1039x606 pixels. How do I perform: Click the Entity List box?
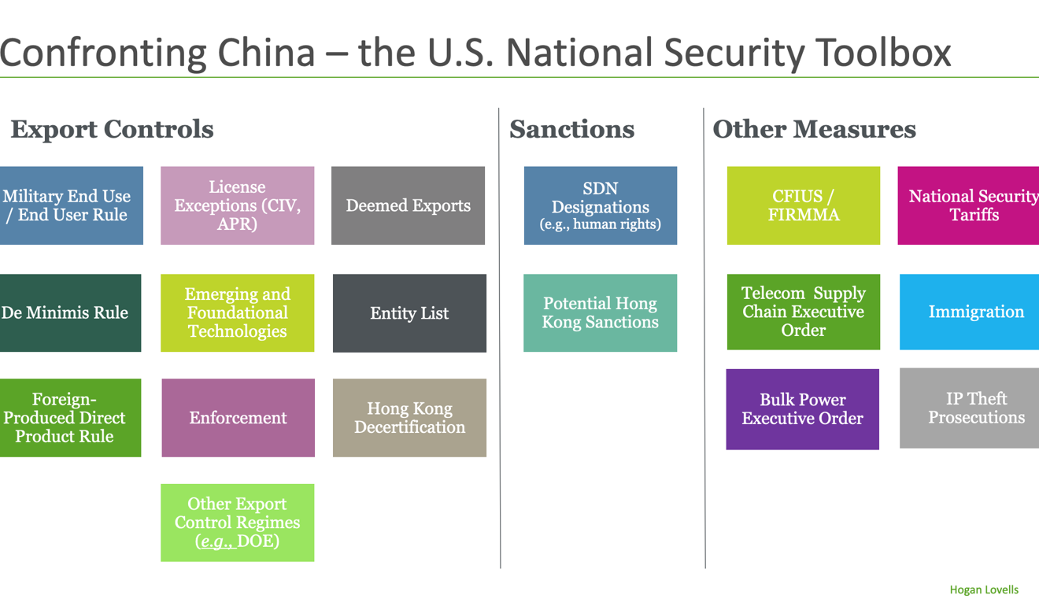pyautogui.click(x=409, y=313)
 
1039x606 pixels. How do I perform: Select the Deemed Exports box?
pyautogui.click(x=409, y=205)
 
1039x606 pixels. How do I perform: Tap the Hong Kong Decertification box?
pyautogui.click(x=409, y=418)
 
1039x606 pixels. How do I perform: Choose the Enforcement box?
pyautogui.click(x=238, y=418)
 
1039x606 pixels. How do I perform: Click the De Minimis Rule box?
pyautogui.click(x=71, y=313)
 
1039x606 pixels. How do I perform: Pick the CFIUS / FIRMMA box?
pyautogui.click(x=804, y=205)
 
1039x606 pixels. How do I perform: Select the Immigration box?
pyautogui.click(x=970, y=312)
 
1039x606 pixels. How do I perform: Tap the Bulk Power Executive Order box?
pyautogui.click(x=802, y=409)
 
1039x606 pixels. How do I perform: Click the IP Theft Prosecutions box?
pyautogui.click(x=970, y=408)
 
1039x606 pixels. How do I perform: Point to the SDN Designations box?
pyautogui.click(x=601, y=205)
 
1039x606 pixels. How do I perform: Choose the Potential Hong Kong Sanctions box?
pyautogui.click(x=601, y=313)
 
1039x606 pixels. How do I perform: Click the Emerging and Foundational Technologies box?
pyautogui.click(x=238, y=313)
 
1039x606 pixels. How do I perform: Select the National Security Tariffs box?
pyautogui.click(x=968, y=205)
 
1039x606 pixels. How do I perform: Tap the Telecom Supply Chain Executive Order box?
pyautogui.click(x=804, y=312)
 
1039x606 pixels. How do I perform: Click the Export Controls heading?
pyautogui.click(x=113, y=129)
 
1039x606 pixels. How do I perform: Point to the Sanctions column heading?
pyautogui.click(x=572, y=129)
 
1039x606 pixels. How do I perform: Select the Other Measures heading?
pyautogui.click(x=815, y=129)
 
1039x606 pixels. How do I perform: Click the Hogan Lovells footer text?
pyautogui.click(x=984, y=589)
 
